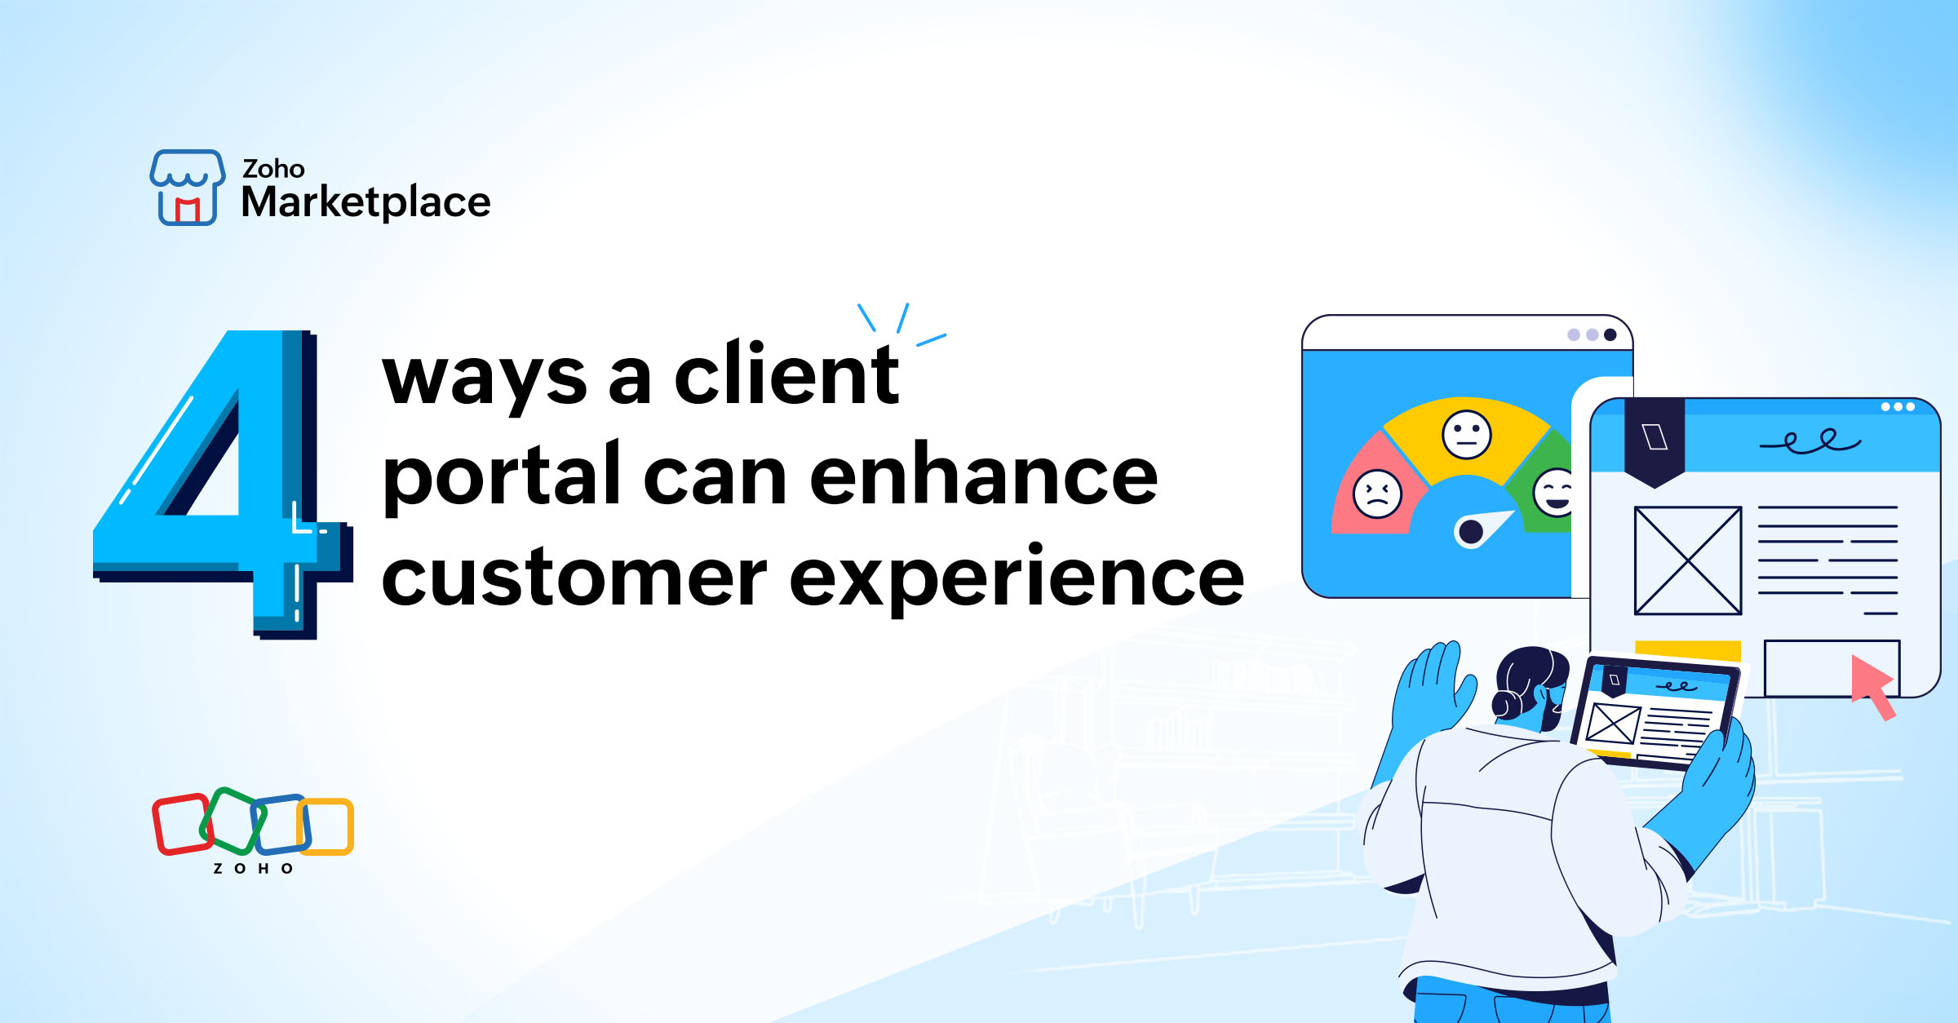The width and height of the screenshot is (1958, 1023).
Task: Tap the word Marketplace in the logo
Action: click(x=365, y=202)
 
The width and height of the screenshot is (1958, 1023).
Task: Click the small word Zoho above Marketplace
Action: click(x=273, y=169)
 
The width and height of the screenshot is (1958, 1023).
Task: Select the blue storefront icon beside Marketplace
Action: click(x=187, y=187)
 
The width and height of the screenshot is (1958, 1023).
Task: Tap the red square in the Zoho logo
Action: click(x=181, y=824)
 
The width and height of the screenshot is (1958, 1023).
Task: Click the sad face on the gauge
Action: click(x=1377, y=494)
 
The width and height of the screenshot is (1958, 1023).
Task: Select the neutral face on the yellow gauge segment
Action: click(x=1466, y=435)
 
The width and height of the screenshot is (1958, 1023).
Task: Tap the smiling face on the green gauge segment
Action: click(x=1554, y=492)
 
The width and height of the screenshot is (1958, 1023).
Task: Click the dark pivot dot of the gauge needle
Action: click(x=1470, y=532)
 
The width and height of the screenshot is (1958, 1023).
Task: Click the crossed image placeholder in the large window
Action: click(x=1687, y=560)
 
